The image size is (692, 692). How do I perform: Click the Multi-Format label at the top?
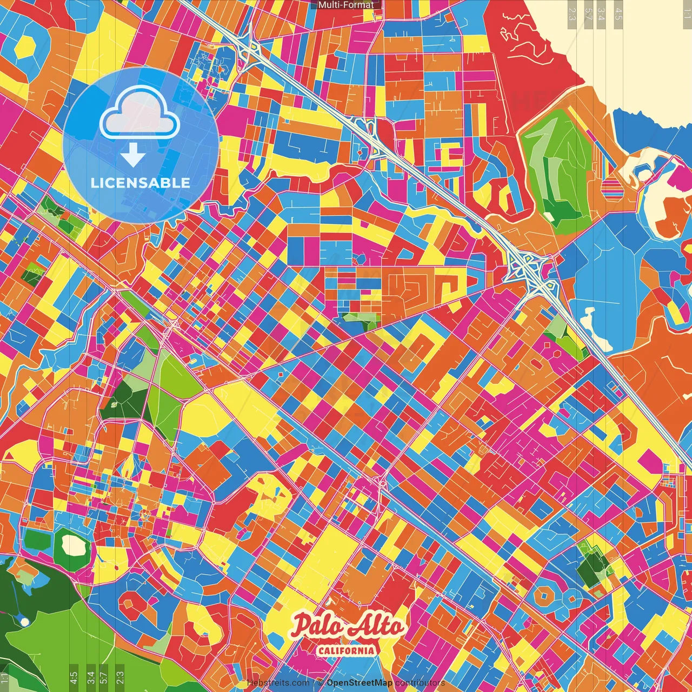point(345,5)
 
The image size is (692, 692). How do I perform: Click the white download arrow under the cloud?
point(133,156)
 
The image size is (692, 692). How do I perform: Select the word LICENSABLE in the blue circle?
point(141,183)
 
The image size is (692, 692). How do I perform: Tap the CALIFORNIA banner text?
point(346,650)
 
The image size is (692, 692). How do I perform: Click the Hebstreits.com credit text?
point(278,683)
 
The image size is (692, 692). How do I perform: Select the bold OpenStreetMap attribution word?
point(360,683)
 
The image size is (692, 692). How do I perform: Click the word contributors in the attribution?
point(420,683)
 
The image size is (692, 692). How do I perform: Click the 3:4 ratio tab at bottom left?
point(91,677)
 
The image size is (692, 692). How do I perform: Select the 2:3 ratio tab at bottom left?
point(120,677)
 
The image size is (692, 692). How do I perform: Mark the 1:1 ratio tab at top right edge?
point(687,12)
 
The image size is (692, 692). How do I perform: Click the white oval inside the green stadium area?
point(72,545)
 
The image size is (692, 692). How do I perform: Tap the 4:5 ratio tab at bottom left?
point(74,677)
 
